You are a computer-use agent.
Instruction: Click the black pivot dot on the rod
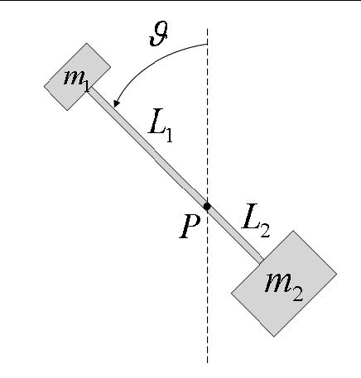pyautogui.click(x=207, y=206)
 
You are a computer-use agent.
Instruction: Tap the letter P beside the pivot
pyautogui.click(x=190, y=227)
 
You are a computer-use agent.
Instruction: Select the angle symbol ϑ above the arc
pyautogui.click(x=159, y=34)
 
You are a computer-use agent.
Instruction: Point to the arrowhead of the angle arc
pyautogui.click(x=117, y=103)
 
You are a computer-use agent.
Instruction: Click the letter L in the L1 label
pyautogui.click(x=157, y=121)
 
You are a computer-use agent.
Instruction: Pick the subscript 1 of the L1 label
pyautogui.click(x=169, y=134)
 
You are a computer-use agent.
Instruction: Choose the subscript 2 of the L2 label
pyautogui.click(x=265, y=230)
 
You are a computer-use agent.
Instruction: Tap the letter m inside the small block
pyautogui.click(x=74, y=77)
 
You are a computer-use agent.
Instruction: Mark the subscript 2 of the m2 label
pyautogui.click(x=297, y=294)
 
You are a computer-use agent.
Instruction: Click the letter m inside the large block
pyautogui.click(x=278, y=282)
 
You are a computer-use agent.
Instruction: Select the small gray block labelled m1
pyautogui.click(x=78, y=77)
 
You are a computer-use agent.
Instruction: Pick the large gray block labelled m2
pyautogui.click(x=284, y=284)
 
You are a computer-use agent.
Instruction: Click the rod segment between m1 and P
pyautogui.click(x=147, y=146)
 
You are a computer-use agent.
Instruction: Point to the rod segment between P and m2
pyautogui.click(x=234, y=233)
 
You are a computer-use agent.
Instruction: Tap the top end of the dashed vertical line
pyautogui.click(x=208, y=28)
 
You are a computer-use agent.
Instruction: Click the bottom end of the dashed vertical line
pyautogui.click(x=208, y=363)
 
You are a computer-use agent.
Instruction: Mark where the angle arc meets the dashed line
pyautogui.click(x=208, y=44)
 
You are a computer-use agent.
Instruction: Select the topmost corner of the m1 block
pyautogui.click(x=87, y=43)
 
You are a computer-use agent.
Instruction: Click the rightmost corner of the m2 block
pyautogui.click(x=337, y=274)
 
